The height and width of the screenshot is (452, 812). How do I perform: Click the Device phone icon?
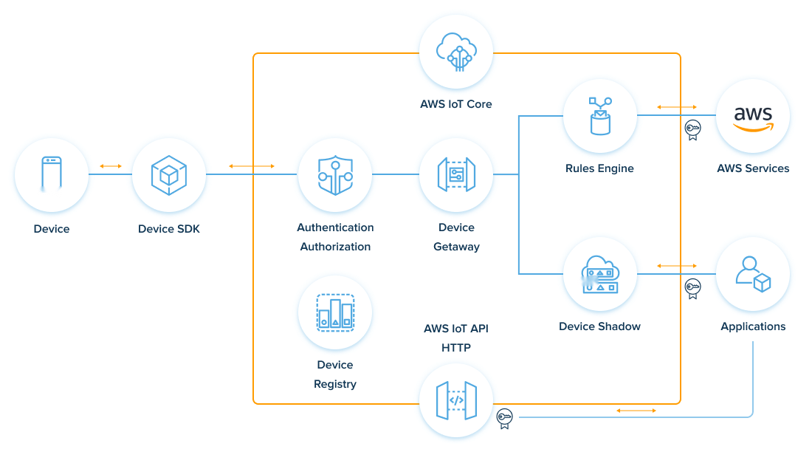pos(52,174)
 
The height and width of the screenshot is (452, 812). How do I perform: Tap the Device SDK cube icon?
pos(168,174)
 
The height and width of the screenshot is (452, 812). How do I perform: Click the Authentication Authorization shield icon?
pos(335,174)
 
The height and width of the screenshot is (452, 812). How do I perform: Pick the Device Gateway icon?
pos(455,174)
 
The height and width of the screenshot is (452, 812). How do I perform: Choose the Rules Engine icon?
pos(599,115)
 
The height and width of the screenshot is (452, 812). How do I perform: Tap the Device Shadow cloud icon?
pos(599,274)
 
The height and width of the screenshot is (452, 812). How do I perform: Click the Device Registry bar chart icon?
pos(335,312)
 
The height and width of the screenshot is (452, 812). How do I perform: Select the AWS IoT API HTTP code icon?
pos(455,400)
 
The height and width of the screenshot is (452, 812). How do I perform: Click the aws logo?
pos(753,117)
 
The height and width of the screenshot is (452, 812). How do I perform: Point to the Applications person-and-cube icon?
pos(753,274)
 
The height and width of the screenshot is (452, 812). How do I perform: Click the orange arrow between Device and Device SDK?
pos(111,166)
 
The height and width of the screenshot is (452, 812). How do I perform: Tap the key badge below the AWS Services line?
pos(692,130)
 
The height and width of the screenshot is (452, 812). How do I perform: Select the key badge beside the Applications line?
pos(692,287)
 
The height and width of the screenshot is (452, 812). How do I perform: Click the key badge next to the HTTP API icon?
pos(505,418)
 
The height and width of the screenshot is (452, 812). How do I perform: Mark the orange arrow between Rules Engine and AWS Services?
pos(677,107)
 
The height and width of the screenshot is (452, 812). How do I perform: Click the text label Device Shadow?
pos(599,326)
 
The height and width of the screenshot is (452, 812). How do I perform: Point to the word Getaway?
pos(455,247)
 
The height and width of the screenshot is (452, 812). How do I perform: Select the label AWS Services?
pos(753,168)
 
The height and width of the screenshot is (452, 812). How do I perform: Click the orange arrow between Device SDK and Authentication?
pos(252,166)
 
